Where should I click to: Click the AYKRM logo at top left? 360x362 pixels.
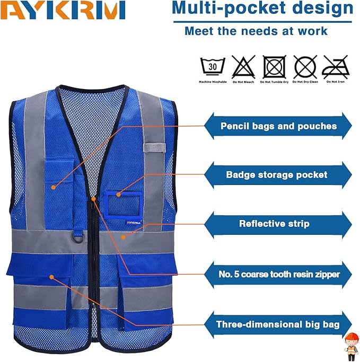pyautogui.click(x=63, y=11)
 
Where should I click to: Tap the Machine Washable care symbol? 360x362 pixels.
pyautogui.click(x=212, y=68)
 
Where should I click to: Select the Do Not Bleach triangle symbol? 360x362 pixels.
pyautogui.click(x=242, y=68)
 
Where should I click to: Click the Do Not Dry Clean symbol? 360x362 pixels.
pyautogui.click(x=306, y=68)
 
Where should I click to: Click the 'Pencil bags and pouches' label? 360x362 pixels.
pyautogui.click(x=278, y=126)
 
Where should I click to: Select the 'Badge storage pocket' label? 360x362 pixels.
pyautogui.click(x=276, y=174)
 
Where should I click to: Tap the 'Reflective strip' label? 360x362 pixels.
pyautogui.click(x=274, y=224)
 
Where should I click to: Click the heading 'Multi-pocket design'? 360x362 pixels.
pyautogui.click(x=262, y=8)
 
